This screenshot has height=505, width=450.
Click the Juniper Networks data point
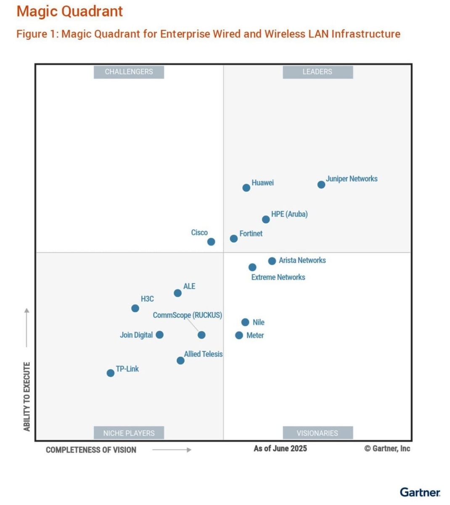[x=321, y=185]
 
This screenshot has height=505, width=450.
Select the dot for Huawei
[x=246, y=188]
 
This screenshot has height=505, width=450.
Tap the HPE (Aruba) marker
[x=266, y=219]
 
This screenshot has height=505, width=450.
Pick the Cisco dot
[x=211, y=242]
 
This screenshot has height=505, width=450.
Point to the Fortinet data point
[x=234, y=239]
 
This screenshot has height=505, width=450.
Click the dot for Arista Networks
[x=272, y=261]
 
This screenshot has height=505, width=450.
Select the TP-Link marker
[x=111, y=373]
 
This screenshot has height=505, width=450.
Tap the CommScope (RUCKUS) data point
[x=201, y=335]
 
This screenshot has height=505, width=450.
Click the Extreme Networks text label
[x=278, y=277]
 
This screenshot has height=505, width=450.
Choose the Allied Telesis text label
[x=203, y=354]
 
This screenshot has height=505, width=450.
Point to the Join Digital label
[x=136, y=335]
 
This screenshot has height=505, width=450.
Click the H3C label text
[x=147, y=299]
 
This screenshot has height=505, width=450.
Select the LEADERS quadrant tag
[x=318, y=72]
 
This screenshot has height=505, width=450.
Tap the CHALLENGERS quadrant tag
[x=129, y=72]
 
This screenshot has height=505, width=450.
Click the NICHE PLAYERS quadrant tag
[x=129, y=433]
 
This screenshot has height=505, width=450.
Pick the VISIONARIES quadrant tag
[x=318, y=433]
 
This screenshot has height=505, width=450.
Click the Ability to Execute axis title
[x=27, y=396]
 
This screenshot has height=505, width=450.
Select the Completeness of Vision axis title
[x=91, y=450]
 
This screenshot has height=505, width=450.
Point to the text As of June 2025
[x=280, y=449]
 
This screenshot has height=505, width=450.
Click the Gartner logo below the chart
[x=420, y=492]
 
